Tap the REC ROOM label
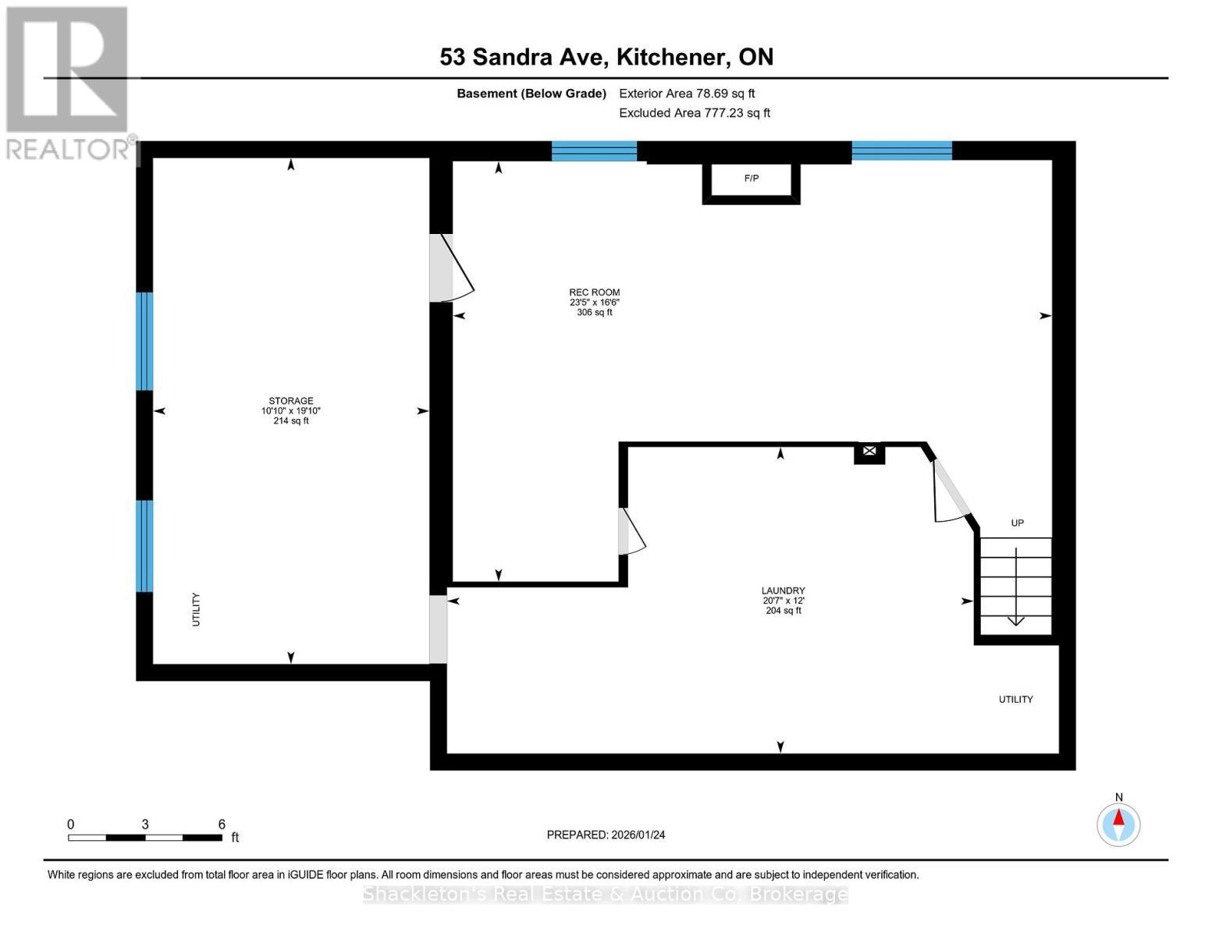point(594,293)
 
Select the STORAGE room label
point(291,401)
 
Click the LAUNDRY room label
point(783,591)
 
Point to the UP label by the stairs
point(1017,523)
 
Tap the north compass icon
point(1118,824)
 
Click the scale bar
point(145,838)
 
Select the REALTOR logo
point(68,82)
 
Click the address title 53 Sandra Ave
point(606,57)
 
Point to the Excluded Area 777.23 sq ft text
point(694,113)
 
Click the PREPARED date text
point(606,835)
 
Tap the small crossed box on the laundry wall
point(869,452)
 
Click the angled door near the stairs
point(951,491)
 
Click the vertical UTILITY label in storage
point(196,609)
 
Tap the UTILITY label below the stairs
point(1015,700)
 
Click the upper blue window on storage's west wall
point(144,341)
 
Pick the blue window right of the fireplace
point(901,151)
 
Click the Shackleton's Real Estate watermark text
point(606,894)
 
